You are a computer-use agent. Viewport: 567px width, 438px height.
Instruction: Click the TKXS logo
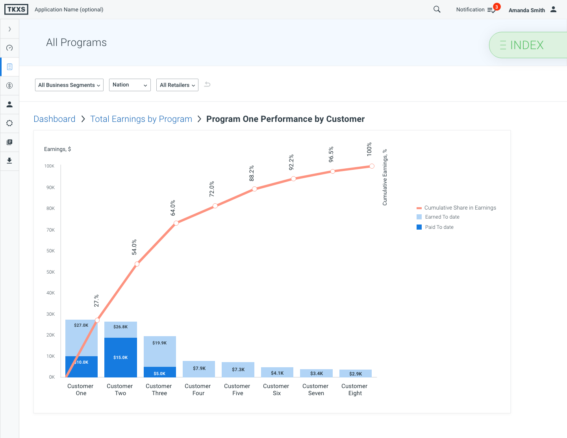tap(16, 9)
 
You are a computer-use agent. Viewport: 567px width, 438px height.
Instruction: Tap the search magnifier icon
tap(437, 9)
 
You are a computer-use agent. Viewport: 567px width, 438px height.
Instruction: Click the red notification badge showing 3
tap(497, 7)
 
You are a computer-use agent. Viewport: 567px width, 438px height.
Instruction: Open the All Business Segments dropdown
tap(69, 85)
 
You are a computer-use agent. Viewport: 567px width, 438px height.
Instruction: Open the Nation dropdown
tap(130, 85)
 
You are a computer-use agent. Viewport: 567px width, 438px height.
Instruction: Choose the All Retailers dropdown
tap(177, 85)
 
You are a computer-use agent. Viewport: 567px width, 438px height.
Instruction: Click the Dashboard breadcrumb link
tap(54, 119)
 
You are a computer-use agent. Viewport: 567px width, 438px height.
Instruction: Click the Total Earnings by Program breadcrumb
tap(141, 119)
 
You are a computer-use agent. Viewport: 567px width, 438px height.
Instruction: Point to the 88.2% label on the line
tap(252, 173)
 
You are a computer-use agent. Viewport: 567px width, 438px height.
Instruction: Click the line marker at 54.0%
tap(137, 264)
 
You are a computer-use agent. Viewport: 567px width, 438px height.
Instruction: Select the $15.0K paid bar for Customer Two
tap(120, 357)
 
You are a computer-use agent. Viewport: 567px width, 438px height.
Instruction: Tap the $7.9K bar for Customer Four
tap(199, 369)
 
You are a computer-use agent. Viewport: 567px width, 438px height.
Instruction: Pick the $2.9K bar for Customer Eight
tap(355, 374)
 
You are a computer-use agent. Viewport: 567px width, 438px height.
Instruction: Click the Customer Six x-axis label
tap(276, 390)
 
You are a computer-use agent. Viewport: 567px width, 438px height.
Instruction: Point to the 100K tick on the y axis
tap(49, 166)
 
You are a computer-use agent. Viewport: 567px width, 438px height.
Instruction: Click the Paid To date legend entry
tap(439, 227)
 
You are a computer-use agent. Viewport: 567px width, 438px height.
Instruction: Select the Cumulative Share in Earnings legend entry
tap(460, 208)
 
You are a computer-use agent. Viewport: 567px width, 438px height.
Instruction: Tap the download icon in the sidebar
tap(9, 161)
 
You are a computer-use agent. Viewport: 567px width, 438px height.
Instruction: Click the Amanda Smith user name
tap(526, 10)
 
